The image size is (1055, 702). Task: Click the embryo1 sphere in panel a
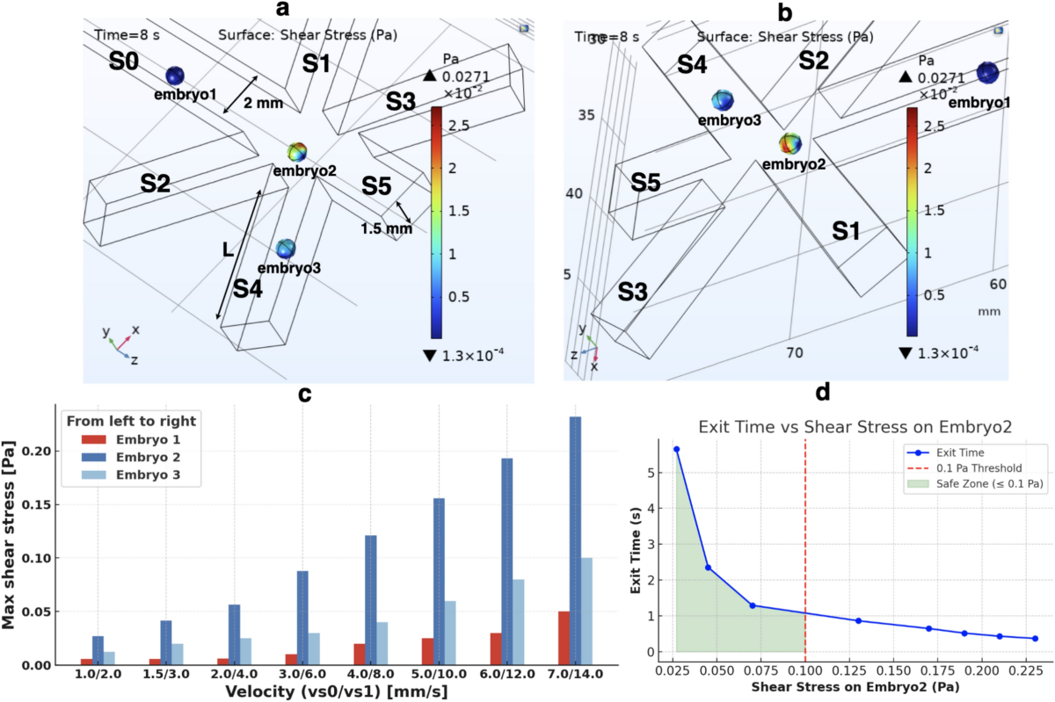(175, 76)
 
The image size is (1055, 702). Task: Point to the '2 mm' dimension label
(264, 103)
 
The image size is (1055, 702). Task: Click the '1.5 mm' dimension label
(386, 228)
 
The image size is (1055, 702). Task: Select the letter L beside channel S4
(228, 250)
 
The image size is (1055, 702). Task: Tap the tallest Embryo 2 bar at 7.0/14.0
(575, 540)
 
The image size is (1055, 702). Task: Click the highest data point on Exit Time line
(676, 449)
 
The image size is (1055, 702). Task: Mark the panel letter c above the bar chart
(304, 394)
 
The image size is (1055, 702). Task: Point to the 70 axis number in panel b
(794, 353)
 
